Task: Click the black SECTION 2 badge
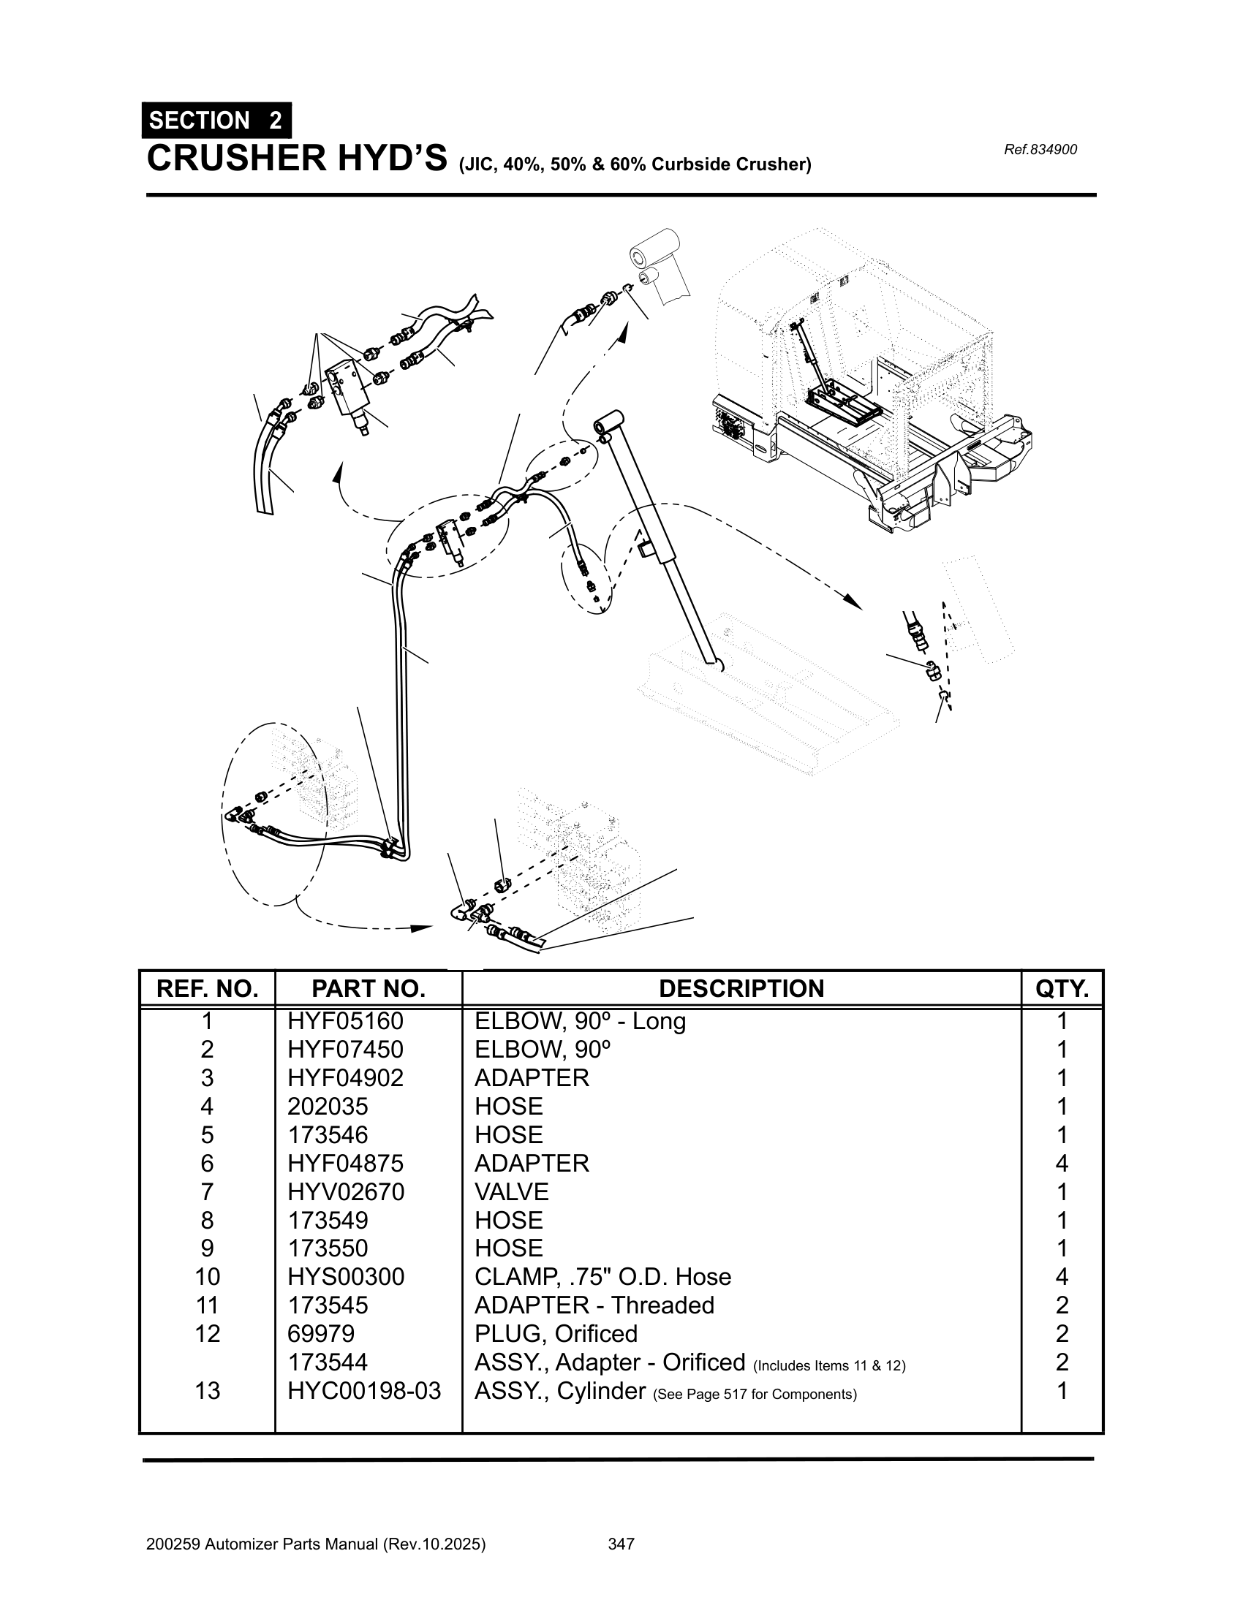(216, 120)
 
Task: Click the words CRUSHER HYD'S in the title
(297, 159)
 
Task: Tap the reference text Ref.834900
(1040, 149)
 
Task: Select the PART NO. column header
(369, 988)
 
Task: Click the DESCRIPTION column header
(741, 988)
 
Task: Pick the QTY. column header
(1061, 988)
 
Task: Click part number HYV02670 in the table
(345, 1191)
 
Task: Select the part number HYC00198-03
(364, 1391)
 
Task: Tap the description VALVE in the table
(511, 1191)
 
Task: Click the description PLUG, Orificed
(555, 1333)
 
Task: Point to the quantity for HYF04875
(1061, 1164)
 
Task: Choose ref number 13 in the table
(207, 1391)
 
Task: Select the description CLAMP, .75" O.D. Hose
(602, 1277)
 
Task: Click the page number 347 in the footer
(621, 1544)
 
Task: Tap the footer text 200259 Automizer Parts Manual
(316, 1544)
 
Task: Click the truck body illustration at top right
(869, 383)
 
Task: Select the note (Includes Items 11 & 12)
(829, 1366)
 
